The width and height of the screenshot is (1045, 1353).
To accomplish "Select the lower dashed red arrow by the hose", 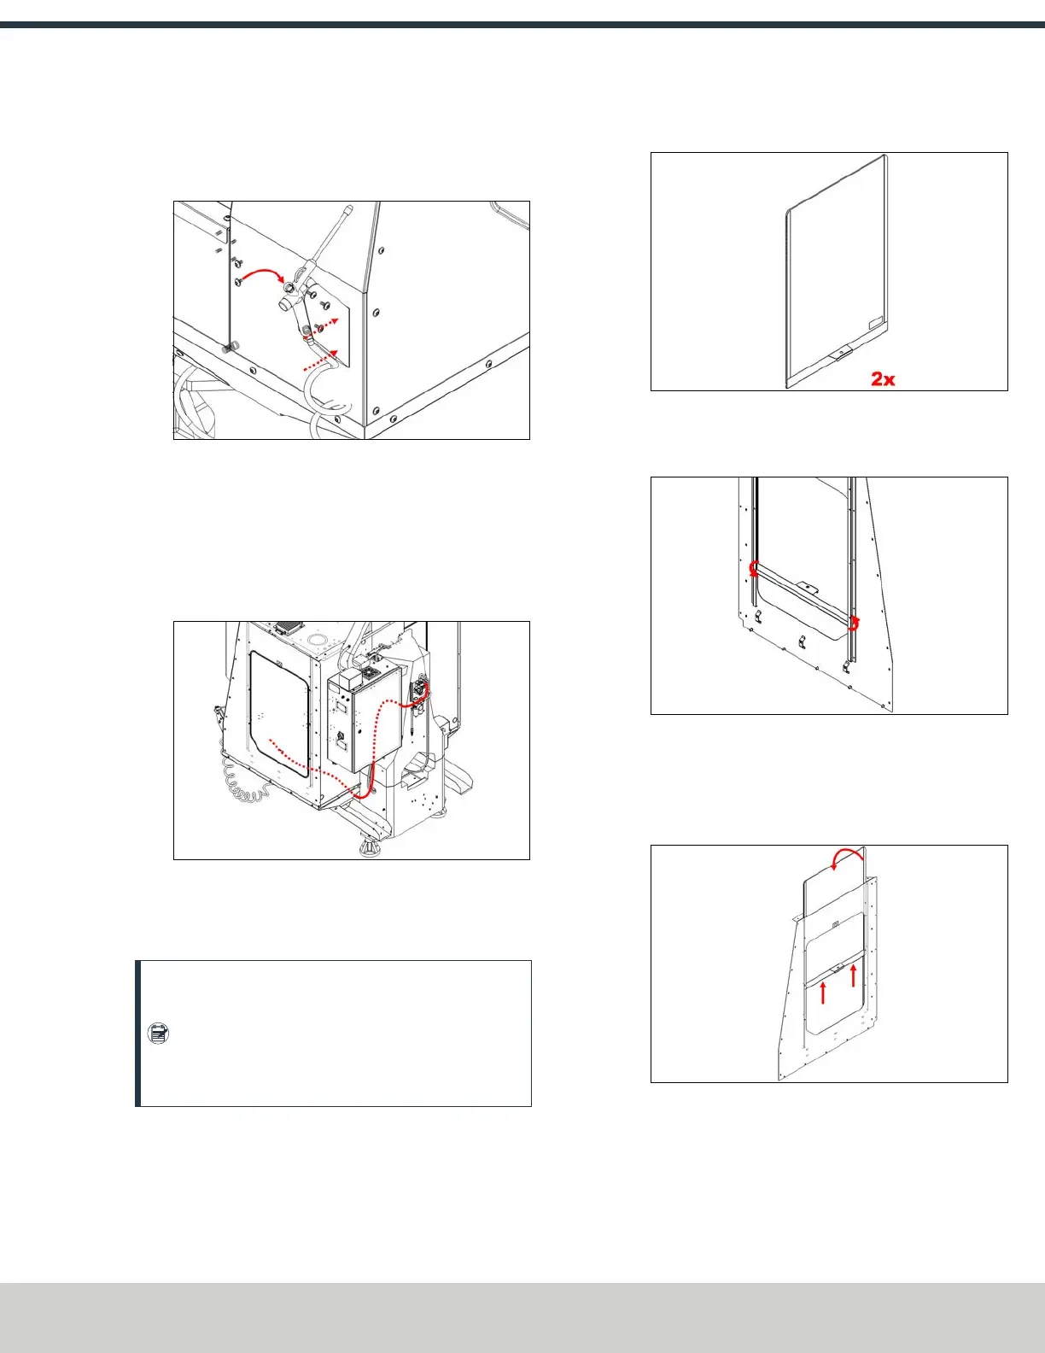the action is pyautogui.click(x=320, y=360).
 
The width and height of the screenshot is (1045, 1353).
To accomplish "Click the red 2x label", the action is pyautogui.click(x=883, y=378).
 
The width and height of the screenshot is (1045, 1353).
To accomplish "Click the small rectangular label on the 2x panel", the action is pyautogui.click(x=875, y=323).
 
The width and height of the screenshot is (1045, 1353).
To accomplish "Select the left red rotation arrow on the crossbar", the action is pyautogui.click(x=754, y=569).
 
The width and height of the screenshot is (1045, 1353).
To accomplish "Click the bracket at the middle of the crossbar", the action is pyautogui.click(x=806, y=586).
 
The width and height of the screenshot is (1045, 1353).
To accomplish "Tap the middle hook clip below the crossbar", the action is pyautogui.click(x=803, y=642).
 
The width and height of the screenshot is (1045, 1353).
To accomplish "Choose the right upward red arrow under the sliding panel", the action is pyautogui.click(x=853, y=975).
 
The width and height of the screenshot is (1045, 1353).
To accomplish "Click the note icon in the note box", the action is pyautogui.click(x=158, y=1034).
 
